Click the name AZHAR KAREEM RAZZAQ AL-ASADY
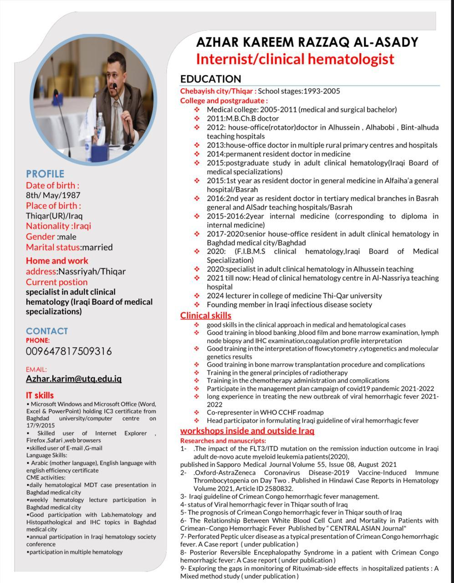click(307, 42)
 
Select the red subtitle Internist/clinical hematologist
click(295, 59)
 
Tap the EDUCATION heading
click(210, 79)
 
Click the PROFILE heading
click(45, 174)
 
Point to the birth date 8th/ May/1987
click(53, 195)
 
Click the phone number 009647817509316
click(69, 351)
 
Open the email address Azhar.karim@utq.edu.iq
click(74, 378)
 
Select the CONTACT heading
click(47, 331)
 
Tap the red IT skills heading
click(40, 395)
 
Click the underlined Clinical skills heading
click(206, 315)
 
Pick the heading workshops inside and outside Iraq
click(247, 430)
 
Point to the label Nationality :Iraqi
click(58, 226)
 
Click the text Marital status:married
click(69, 247)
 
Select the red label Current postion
click(56, 282)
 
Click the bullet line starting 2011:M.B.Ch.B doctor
click(243, 118)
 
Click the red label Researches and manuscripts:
click(223, 440)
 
